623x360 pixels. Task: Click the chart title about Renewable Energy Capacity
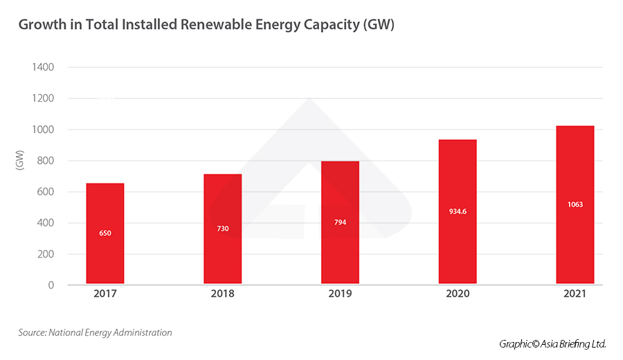point(206,25)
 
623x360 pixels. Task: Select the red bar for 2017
point(105,233)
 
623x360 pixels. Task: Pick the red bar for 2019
point(341,222)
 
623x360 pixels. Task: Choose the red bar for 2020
point(458,211)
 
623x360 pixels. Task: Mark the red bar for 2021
point(575,204)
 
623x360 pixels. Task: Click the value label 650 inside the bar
point(105,233)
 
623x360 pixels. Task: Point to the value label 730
point(223,228)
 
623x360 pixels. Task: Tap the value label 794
point(341,222)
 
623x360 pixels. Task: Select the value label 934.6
point(458,211)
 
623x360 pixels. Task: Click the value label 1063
point(575,205)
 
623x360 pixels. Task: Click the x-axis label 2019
point(341,294)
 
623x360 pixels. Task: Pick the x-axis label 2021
point(575,294)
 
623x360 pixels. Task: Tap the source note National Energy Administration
point(95,333)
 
